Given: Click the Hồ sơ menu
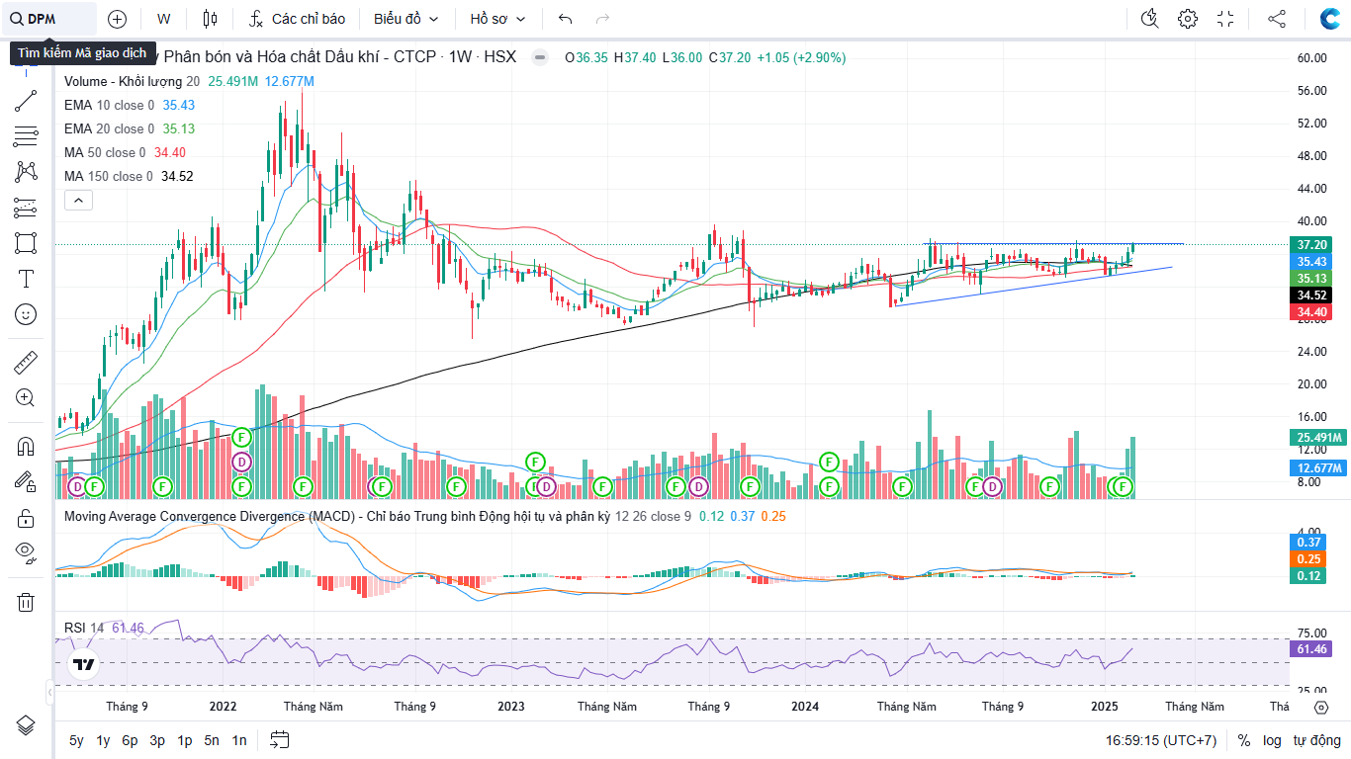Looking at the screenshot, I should [x=497, y=19].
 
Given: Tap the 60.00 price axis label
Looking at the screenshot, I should [x=1311, y=58].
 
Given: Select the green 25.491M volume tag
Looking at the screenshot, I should [x=1318, y=438].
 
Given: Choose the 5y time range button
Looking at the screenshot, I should [x=77, y=740].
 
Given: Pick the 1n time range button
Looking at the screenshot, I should [x=239, y=740].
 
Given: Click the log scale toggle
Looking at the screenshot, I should [x=1272, y=740].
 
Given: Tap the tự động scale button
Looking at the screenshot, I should [x=1317, y=740].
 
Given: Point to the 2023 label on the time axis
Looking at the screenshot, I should [x=511, y=707].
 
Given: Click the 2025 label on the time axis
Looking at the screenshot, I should [x=1105, y=707].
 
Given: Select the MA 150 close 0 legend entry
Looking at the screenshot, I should [x=109, y=176].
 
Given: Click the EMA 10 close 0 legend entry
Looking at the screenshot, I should [x=109, y=105].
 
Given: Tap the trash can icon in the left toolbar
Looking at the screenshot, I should [x=26, y=602].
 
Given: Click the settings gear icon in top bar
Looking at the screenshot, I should [x=1188, y=19].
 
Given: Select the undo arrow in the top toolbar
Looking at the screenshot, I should [x=565, y=19].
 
